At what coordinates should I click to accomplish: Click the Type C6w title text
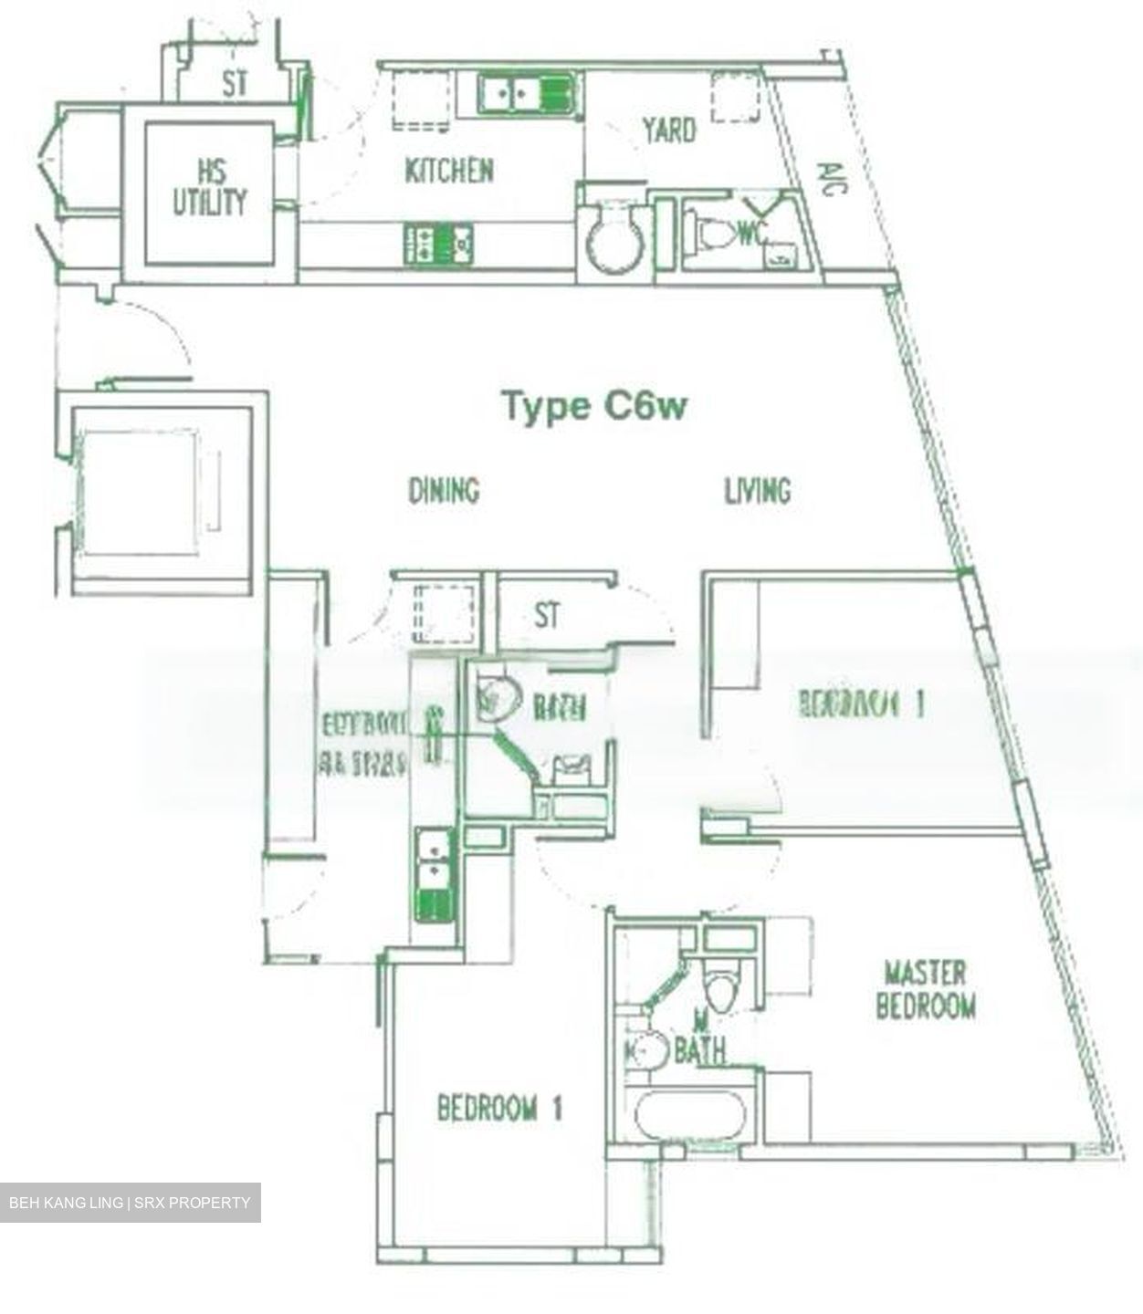(x=593, y=406)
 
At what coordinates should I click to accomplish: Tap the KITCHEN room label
(x=449, y=171)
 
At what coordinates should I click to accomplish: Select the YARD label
(x=668, y=130)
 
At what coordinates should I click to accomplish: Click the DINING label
(x=444, y=491)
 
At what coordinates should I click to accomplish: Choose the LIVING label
(x=757, y=491)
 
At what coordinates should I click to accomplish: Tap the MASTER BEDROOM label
(x=926, y=989)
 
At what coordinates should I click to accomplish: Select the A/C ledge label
(x=832, y=178)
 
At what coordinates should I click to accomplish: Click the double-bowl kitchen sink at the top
(x=525, y=95)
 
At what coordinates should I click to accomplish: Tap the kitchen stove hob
(x=440, y=245)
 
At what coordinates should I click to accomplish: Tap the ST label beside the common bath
(x=547, y=616)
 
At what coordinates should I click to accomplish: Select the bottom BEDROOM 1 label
(x=499, y=1109)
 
